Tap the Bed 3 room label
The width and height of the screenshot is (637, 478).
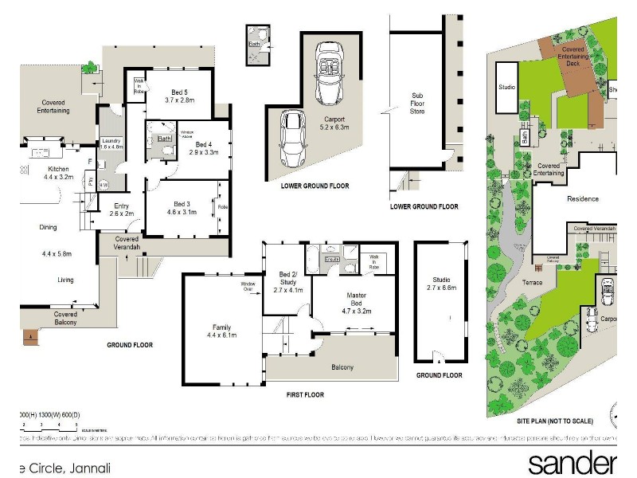point(182,208)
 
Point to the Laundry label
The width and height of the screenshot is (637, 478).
point(111,144)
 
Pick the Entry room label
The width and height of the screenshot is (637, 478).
point(122,210)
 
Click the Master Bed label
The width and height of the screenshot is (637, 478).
point(356,300)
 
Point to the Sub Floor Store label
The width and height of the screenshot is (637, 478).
point(416,103)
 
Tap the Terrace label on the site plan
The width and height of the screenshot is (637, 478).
point(532,283)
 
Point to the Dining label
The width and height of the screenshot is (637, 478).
point(48,228)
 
